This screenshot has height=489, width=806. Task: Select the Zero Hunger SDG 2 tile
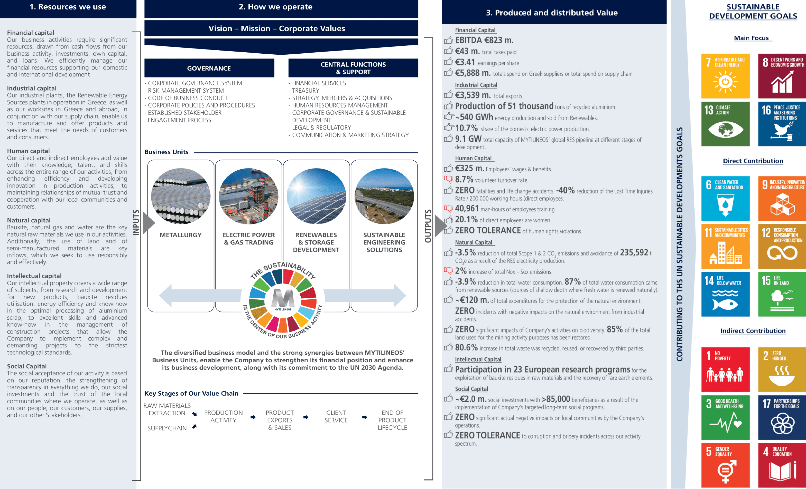pyautogui.click(x=782, y=369)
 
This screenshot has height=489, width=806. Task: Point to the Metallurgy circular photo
pyautogui.click(x=181, y=196)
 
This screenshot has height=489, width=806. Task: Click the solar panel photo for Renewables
pyautogui.click(x=316, y=196)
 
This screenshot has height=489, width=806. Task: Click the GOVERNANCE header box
pyautogui.click(x=209, y=68)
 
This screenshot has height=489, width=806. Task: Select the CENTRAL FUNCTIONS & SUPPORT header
pyautogui.click(x=353, y=68)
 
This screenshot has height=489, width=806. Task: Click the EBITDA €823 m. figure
pyautogui.click(x=484, y=40)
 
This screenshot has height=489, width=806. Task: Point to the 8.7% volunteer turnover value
pyautogui.click(x=464, y=179)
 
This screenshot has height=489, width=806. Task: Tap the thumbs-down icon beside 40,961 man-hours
pyautogui.click(x=448, y=208)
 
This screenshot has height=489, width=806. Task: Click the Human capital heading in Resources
pyautogui.click(x=29, y=151)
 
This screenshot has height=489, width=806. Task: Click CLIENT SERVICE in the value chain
pyautogui.click(x=336, y=416)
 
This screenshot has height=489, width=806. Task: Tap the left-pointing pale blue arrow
pyautogui.click(x=200, y=295)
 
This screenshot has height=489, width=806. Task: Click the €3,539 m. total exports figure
pyautogui.click(x=473, y=95)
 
